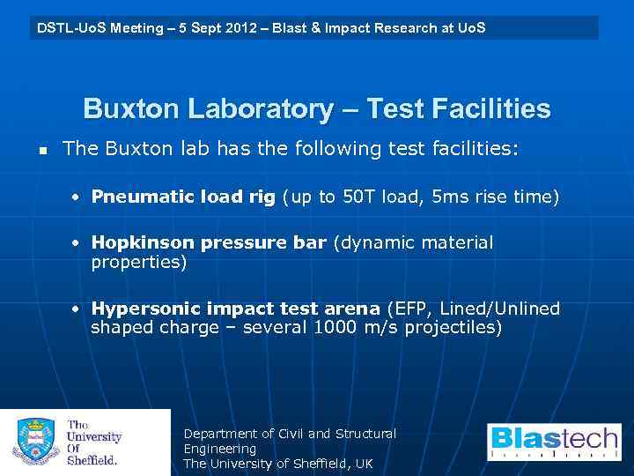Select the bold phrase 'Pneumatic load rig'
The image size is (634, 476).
tap(183, 197)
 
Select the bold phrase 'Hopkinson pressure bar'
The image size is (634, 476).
tap(209, 242)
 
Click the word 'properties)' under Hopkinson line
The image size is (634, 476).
tap(139, 263)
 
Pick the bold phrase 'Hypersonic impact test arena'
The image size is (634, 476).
tap(236, 309)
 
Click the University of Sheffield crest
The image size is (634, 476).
tap(34, 442)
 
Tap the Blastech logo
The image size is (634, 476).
tap(554, 442)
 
